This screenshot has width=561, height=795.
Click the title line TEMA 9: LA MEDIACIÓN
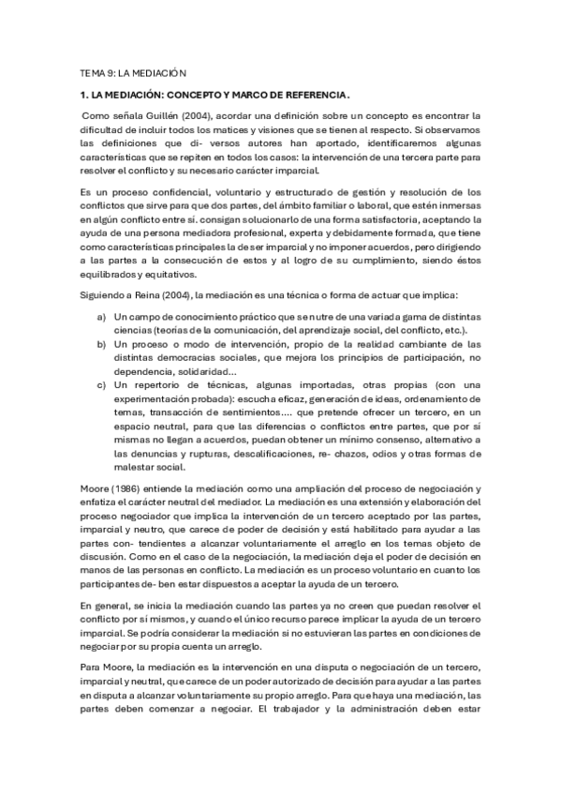click(134, 72)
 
